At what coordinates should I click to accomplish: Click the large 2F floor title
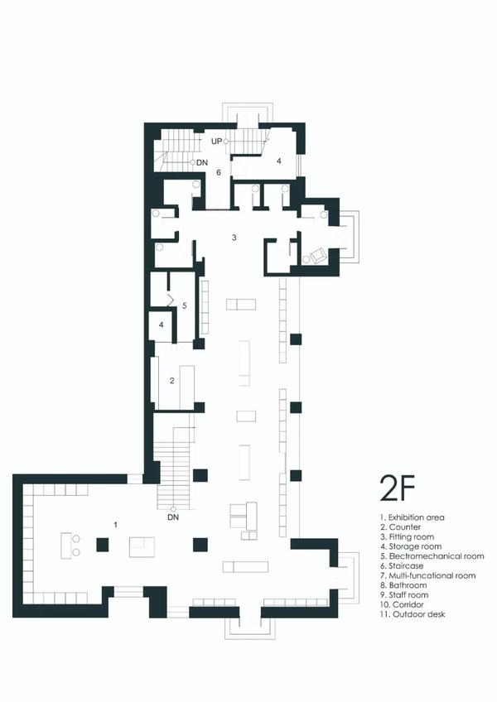coord(398,488)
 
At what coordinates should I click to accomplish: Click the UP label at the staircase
coord(216,142)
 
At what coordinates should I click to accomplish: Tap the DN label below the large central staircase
coord(173,517)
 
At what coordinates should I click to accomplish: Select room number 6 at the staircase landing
coord(219,172)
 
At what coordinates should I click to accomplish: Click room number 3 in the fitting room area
coord(234,238)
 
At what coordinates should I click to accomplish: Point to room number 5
coord(184,306)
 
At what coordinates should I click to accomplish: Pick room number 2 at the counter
coord(171,381)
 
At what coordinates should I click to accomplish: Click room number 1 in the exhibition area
coord(116,525)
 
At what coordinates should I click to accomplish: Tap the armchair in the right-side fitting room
coord(318,256)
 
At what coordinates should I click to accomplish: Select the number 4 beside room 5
coord(161,325)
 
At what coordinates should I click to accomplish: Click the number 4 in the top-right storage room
coord(279,161)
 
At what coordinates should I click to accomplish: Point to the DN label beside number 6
coord(202,163)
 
